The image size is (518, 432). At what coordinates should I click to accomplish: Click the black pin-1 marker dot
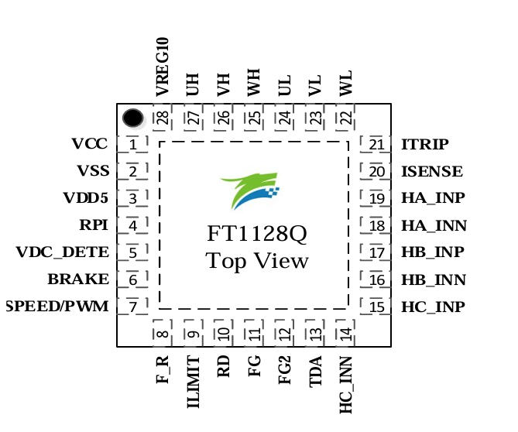(133, 118)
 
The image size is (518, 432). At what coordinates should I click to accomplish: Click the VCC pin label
(90, 144)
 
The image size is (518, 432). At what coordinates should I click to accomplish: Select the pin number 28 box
(162, 118)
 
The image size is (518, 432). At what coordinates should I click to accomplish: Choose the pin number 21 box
(376, 145)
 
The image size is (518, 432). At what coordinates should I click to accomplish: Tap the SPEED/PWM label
(57, 307)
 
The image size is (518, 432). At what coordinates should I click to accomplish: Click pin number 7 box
(133, 307)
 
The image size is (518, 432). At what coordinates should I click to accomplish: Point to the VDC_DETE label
(63, 252)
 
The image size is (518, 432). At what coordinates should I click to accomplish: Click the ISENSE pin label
(432, 172)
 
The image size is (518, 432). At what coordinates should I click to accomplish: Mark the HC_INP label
(433, 307)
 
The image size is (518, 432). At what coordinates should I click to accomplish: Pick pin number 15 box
(376, 307)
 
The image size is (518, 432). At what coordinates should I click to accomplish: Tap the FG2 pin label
(285, 371)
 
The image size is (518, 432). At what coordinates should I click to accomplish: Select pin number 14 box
(345, 334)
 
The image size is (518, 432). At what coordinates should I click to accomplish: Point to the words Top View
(256, 261)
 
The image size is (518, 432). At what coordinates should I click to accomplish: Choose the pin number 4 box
(133, 225)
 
